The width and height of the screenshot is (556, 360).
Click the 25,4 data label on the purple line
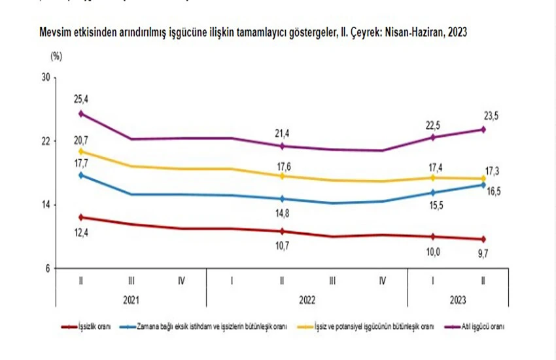[80, 99]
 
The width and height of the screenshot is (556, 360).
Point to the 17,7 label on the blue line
[80, 163]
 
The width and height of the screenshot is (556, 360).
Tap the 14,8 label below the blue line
[282, 212]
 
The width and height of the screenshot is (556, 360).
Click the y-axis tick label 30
[46, 78]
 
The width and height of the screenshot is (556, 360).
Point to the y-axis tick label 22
[46, 141]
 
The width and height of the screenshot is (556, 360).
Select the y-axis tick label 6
[48, 268]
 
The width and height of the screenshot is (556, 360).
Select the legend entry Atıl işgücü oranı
[483, 325]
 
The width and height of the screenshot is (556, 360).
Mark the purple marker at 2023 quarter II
[483, 129]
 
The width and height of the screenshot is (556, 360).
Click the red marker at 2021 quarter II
[80, 217]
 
